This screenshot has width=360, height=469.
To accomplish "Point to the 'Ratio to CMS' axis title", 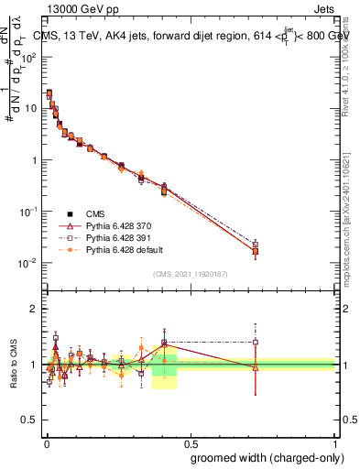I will click(x=12, y=365).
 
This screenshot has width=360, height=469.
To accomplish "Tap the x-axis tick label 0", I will click(x=47, y=442).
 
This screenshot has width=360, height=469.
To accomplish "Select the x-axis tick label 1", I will click(x=336, y=442).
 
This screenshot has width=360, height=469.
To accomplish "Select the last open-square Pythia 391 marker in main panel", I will click(x=256, y=245).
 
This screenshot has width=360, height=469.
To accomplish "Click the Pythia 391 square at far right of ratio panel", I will click(x=256, y=343).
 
